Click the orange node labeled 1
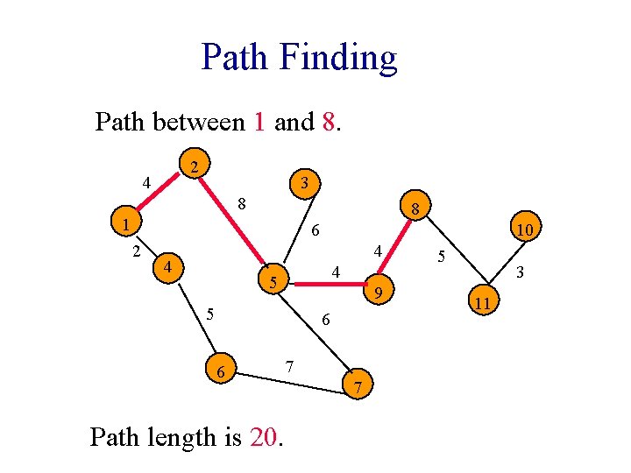tap(126, 225)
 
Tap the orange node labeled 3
tap(302, 184)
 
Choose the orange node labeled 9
tap(378, 290)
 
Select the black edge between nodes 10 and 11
tap(504, 265)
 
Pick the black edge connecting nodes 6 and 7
tap(289, 378)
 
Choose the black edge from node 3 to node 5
tap(288, 231)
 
